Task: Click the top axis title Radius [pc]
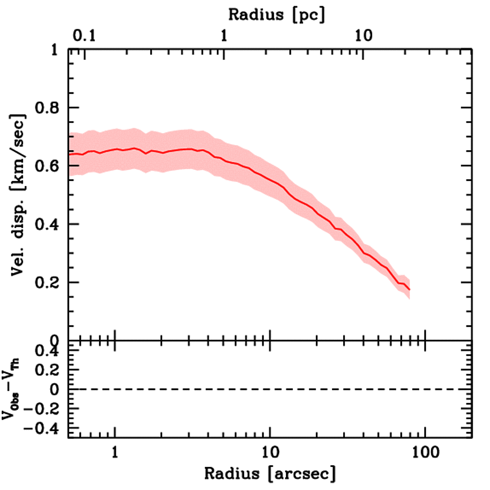pyautogui.click(x=277, y=14)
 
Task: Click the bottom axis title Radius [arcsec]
pyautogui.click(x=270, y=474)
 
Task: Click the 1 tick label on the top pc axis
pyautogui.click(x=223, y=36)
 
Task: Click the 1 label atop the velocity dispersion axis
pyautogui.click(x=57, y=50)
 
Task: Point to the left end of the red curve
pyautogui.click(x=69, y=154)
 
